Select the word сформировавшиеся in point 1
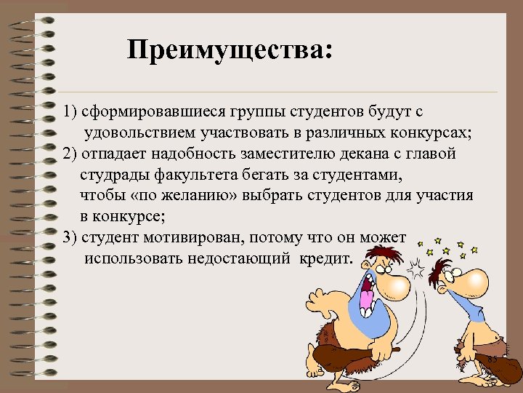pos(148,113)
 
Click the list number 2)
pos(70,154)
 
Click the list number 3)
pos(70,239)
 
